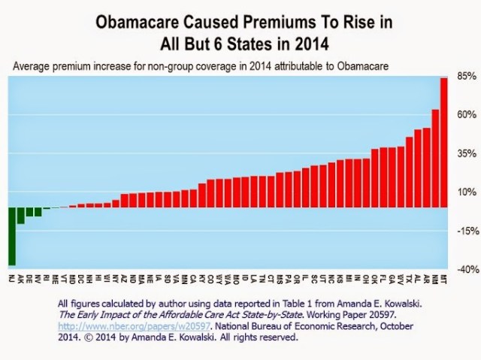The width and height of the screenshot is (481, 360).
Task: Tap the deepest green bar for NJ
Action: pos(12,237)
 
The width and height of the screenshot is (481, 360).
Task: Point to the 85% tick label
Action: pos(466,77)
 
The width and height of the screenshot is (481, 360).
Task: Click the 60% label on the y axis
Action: pos(466,115)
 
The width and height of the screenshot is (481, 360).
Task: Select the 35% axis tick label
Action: pos(466,154)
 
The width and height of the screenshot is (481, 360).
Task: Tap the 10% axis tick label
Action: pos(466,192)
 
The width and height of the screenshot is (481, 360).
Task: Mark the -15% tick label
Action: pos(466,231)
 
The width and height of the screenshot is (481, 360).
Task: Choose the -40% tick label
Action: pos(466,269)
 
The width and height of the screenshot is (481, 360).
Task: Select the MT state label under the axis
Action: pos(443,278)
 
